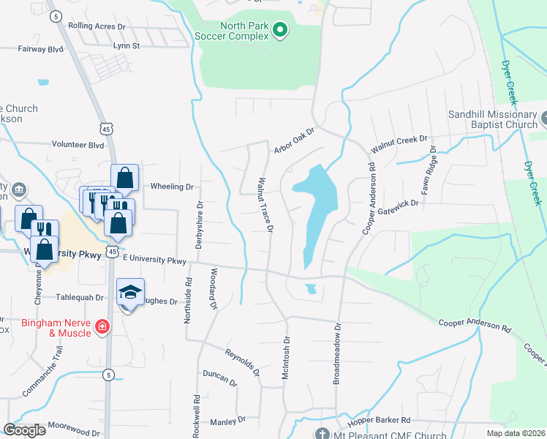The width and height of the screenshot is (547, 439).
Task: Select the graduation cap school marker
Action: click(130, 293)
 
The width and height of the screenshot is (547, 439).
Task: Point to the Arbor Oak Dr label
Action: click(293, 140)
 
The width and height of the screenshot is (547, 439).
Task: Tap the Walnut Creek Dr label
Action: click(399, 143)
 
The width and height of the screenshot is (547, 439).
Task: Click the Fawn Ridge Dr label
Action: click(429, 175)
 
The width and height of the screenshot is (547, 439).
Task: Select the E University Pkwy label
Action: click(155, 259)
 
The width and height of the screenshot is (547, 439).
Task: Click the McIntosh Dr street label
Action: click(286, 358)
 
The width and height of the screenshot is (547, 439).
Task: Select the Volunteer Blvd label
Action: click(77, 145)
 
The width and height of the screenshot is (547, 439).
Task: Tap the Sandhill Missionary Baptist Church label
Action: click(493, 119)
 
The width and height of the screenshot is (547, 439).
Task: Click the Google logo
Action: click(24, 429)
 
